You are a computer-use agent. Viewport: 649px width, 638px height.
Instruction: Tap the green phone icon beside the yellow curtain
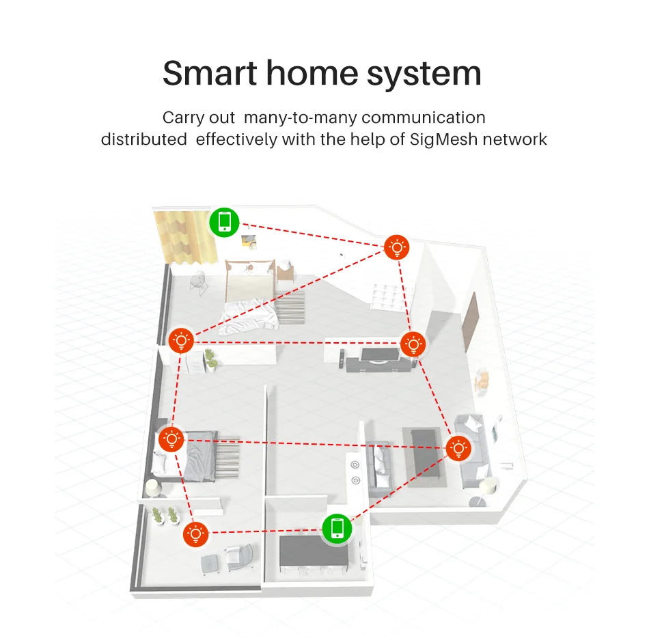click(224, 222)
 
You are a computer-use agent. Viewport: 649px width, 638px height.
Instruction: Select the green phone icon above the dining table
click(336, 528)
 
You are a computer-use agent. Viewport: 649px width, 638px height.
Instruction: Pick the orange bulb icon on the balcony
click(196, 532)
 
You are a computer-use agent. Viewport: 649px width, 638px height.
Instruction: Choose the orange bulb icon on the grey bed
click(171, 439)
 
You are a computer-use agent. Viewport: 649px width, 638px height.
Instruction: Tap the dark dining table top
click(314, 549)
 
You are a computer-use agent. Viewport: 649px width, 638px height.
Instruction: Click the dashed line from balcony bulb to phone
click(266, 531)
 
